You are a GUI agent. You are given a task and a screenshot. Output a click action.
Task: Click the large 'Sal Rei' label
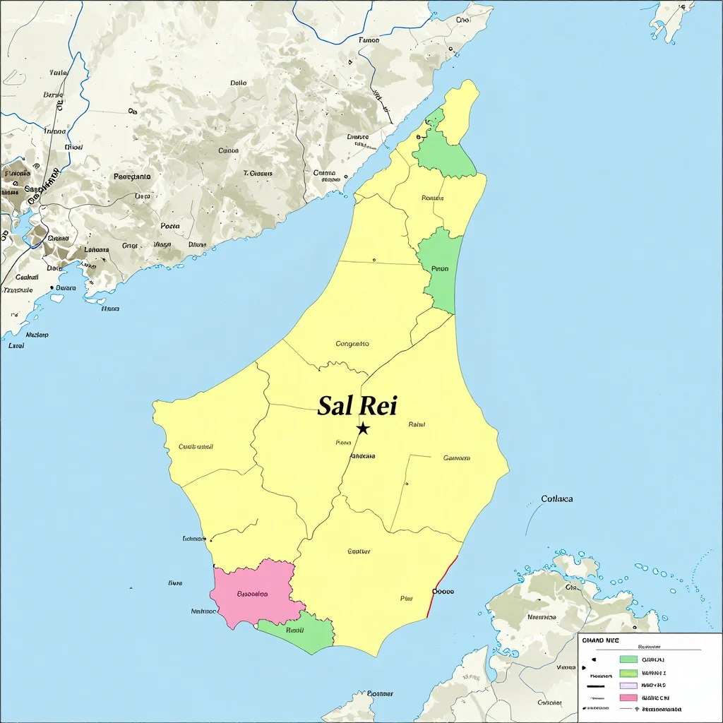[357, 406]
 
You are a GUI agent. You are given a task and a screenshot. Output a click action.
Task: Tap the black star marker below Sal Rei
[363, 428]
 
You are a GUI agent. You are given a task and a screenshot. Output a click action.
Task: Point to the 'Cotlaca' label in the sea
[557, 498]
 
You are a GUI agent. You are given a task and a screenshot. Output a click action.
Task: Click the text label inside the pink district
[252, 594]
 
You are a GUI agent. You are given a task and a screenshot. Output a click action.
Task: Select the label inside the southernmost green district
[294, 630]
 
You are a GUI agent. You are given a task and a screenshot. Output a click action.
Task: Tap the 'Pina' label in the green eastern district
[440, 269]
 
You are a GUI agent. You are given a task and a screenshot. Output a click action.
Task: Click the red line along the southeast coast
[443, 586]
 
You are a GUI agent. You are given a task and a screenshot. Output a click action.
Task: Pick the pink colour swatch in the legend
[628, 698]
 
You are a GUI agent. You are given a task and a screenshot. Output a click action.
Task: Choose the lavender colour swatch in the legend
[628, 685]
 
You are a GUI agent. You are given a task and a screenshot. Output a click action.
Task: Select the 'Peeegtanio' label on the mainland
[132, 177]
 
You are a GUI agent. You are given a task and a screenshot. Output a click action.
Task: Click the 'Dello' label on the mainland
[239, 83]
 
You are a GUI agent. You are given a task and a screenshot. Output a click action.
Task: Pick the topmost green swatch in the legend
[628, 659]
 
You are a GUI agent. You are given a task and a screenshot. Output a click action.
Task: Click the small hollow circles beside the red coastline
[443, 592]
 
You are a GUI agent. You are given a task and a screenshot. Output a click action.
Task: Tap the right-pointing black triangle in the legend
[594, 659]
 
